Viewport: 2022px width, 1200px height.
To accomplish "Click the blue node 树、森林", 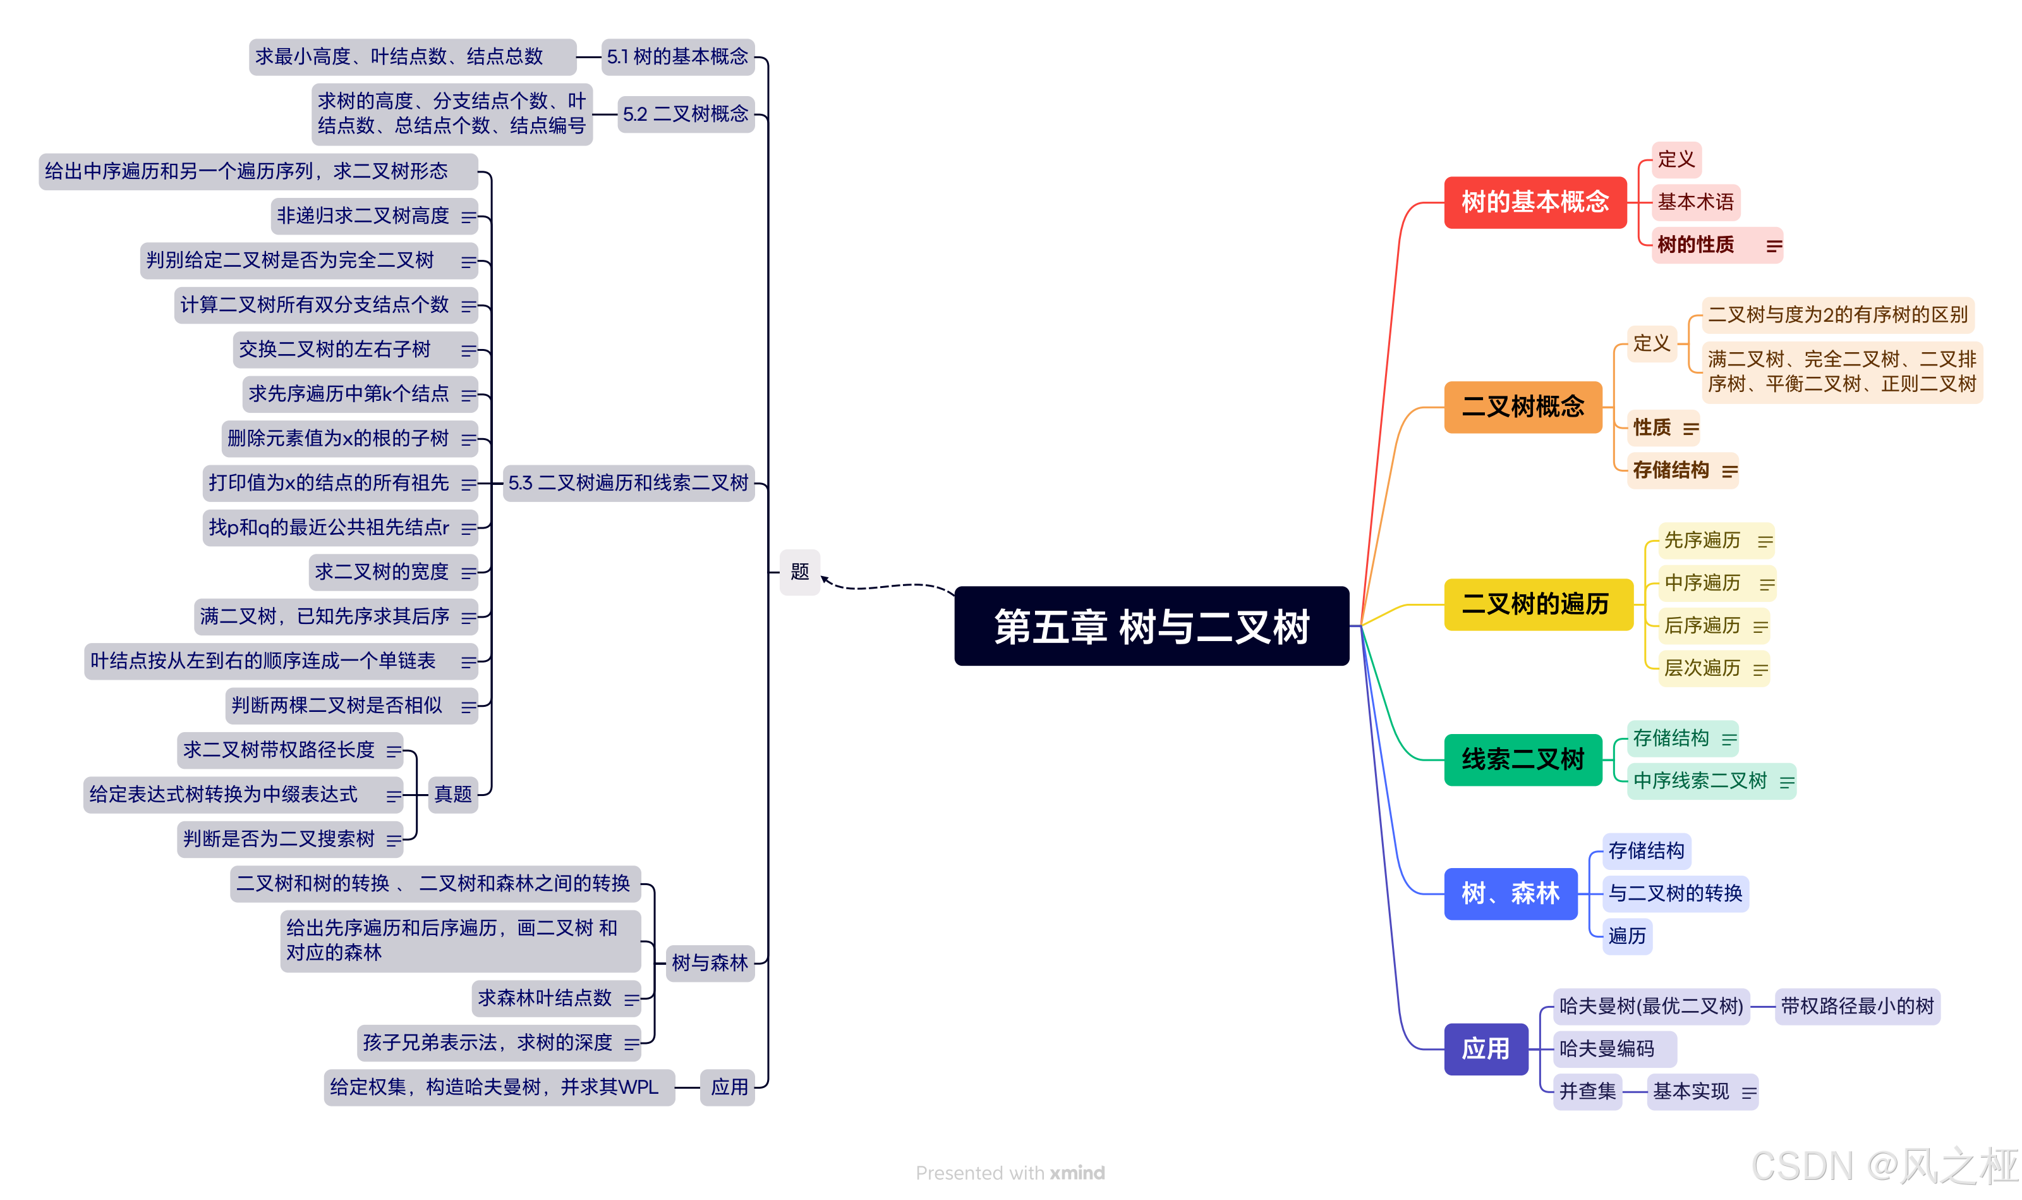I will (x=1510, y=893).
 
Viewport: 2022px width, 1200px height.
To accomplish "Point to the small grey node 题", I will (x=799, y=572).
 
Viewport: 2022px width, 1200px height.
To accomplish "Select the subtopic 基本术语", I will (x=1695, y=202).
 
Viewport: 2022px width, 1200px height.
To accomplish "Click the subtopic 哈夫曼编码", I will (x=1607, y=1049).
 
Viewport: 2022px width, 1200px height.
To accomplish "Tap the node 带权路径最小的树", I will (x=1856, y=1006).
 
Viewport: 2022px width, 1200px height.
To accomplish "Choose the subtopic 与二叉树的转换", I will (x=1674, y=893).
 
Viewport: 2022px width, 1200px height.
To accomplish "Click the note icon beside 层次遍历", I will (x=1760, y=670).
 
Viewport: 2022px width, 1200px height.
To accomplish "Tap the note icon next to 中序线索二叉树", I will (x=1787, y=782).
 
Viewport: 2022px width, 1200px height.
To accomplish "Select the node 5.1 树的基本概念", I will (x=677, y=57).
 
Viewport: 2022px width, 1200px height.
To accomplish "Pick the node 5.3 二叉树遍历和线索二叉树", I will (x=628, y=483).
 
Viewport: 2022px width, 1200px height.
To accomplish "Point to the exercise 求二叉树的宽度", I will (x=382, y=572).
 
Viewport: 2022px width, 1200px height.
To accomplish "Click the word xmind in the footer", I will (x=1077, y=1173).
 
